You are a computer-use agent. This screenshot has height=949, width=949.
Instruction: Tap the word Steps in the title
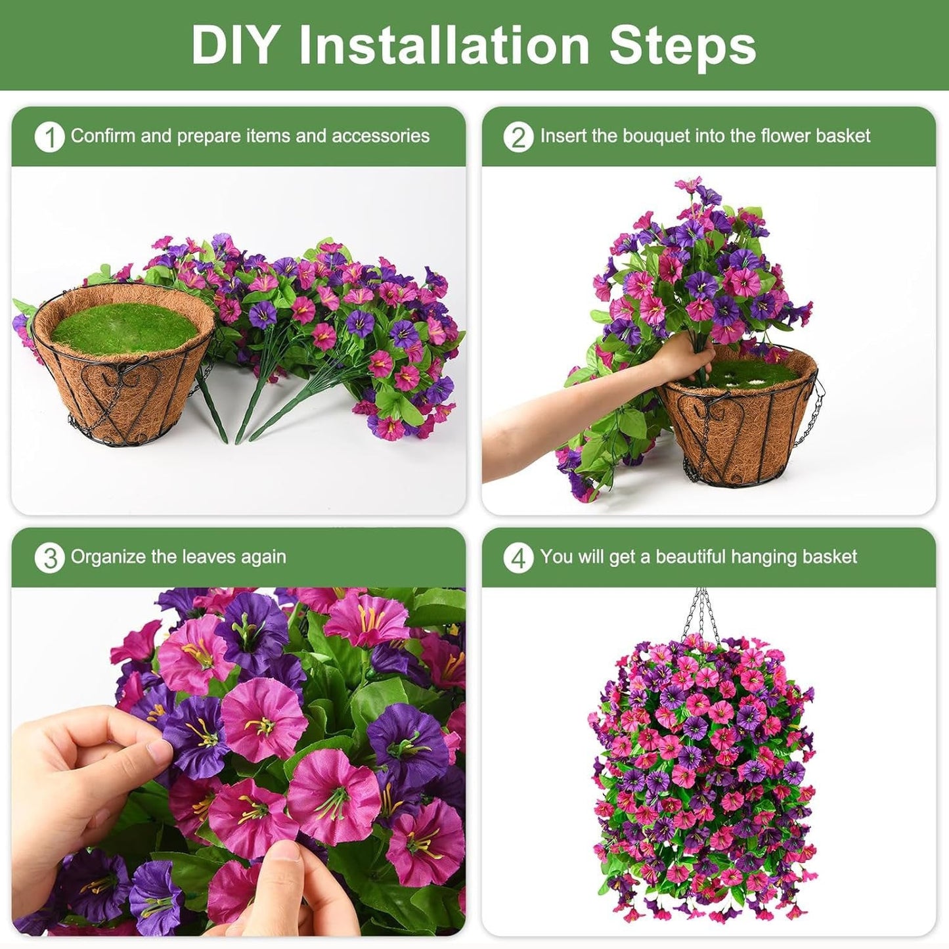point(682,46)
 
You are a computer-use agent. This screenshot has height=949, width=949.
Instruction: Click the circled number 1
point(49,137)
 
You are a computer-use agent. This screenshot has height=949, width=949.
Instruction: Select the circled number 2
point(518,137)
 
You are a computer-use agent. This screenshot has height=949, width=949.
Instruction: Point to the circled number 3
point(49,558)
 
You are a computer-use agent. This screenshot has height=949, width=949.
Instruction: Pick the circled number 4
point(518,558)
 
